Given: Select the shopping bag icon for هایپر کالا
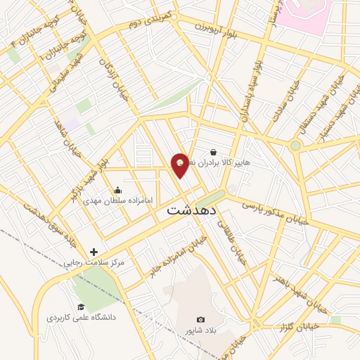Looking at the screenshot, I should click(213, 152).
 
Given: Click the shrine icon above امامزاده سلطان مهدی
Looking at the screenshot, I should click(117, 190).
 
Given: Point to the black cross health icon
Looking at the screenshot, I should click(94, 252).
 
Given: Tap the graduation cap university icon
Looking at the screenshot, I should click(81, 307).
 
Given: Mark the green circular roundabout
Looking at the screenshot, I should click(295, 146).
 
